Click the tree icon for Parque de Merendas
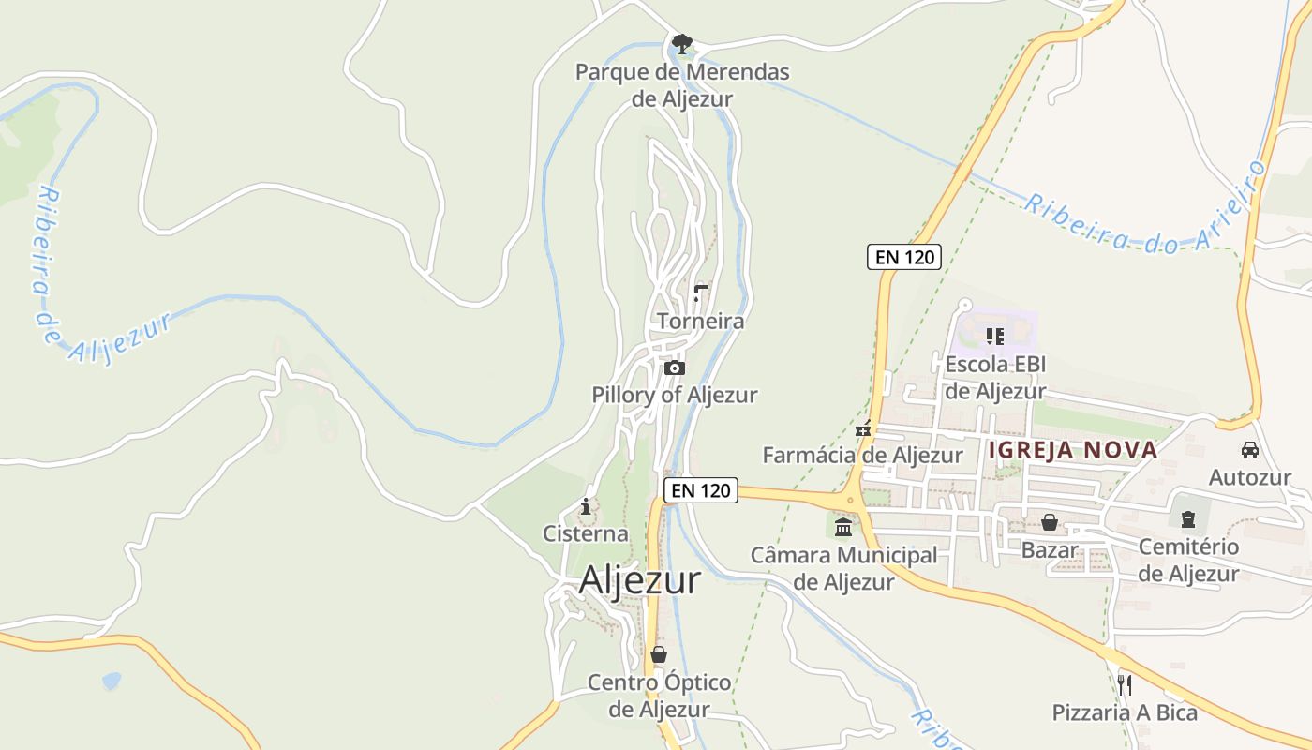pos(682,43)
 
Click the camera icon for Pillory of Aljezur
pos(675,367)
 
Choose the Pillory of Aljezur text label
pos(674,395)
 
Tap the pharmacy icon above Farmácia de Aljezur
pos(863,429)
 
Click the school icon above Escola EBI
pos(995,336)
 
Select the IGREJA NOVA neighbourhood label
pos(1073,450)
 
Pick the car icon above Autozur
pos(1249,450)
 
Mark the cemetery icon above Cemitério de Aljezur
pos(1188,517)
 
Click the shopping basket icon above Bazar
pos(1050,522)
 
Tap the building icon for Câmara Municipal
pos(843,528)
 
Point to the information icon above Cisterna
pos(587,507)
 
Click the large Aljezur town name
pos(639,580)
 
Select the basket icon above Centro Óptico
pos(659,653)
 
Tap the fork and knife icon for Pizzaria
pos(1125,684)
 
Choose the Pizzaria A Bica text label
pos(1125,712)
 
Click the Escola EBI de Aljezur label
pos(995,378)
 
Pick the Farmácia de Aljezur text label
pos(862,456)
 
